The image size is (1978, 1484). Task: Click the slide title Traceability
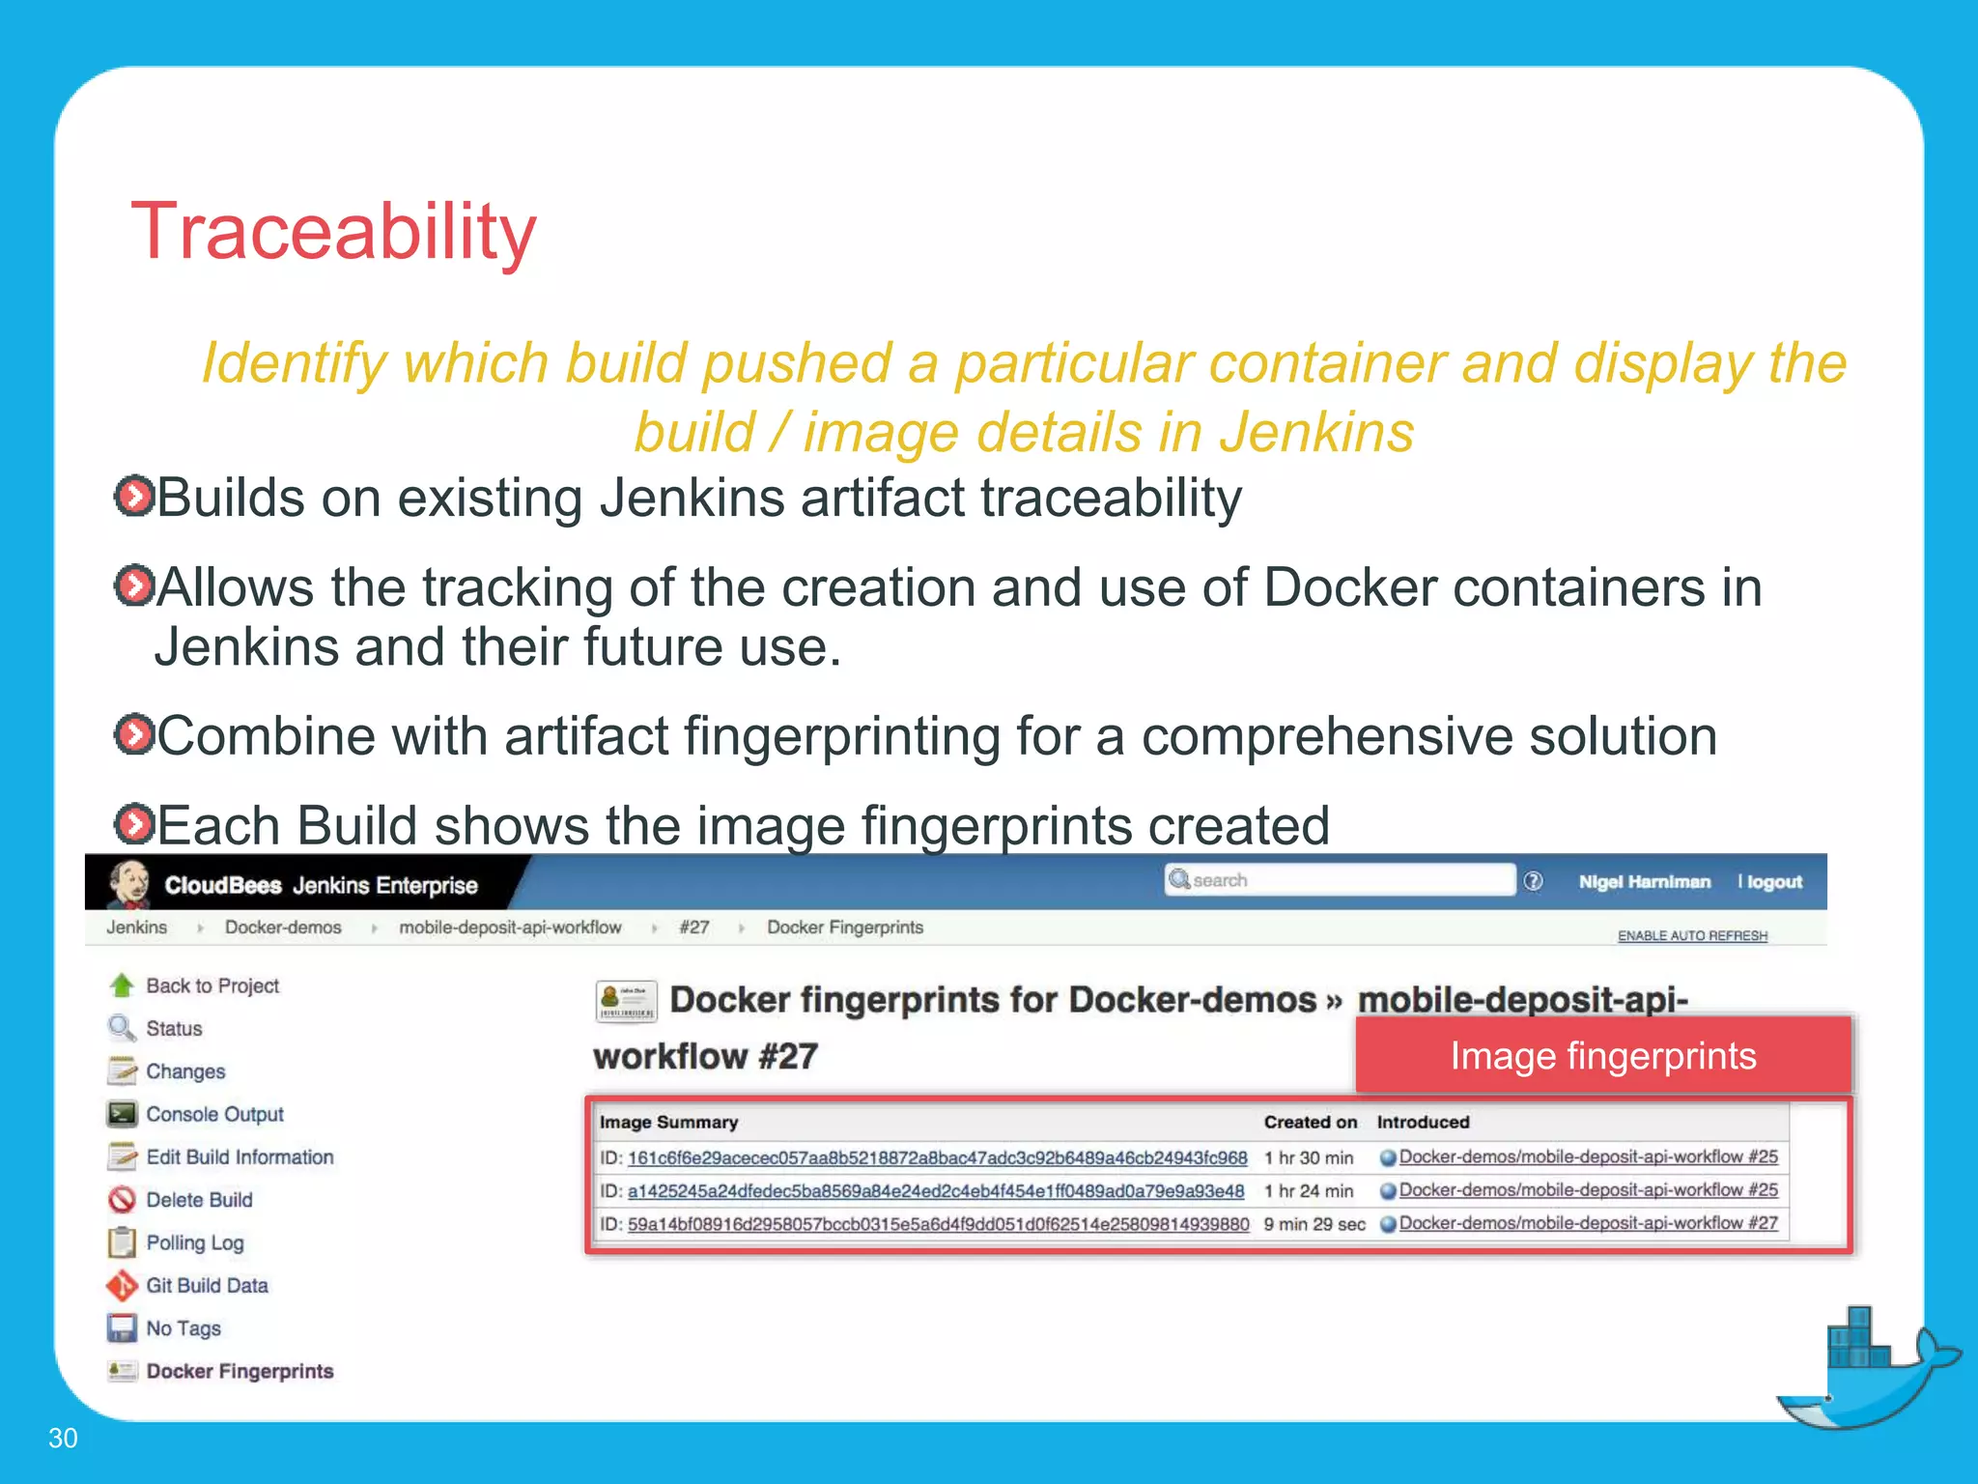point(333,232)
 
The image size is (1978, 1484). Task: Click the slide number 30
point(63,1438)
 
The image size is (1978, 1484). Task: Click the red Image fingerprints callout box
point(1602,1056)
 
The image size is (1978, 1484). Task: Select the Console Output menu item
point(214,1114)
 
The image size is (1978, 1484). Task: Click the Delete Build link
point(199,1200)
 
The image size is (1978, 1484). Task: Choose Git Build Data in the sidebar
point(207,1285)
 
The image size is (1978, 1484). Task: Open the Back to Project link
point(212,985)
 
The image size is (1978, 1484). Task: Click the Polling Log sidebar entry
point(194,1242)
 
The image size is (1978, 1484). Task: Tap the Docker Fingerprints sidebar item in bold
point(240,1371)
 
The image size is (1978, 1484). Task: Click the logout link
point(1774,882)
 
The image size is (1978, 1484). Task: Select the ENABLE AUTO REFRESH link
point(1692,935)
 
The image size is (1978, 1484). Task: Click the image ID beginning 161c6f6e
point(937,1157)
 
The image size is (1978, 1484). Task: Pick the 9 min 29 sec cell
point(1314,1224)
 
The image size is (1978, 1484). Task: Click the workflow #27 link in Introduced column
point(1588,1223)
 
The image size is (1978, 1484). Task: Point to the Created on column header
point(1310,1122)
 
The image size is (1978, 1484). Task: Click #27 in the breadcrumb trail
point(693,927)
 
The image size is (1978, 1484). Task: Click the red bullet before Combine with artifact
point(133,735)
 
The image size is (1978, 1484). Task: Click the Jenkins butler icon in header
point(129,883)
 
